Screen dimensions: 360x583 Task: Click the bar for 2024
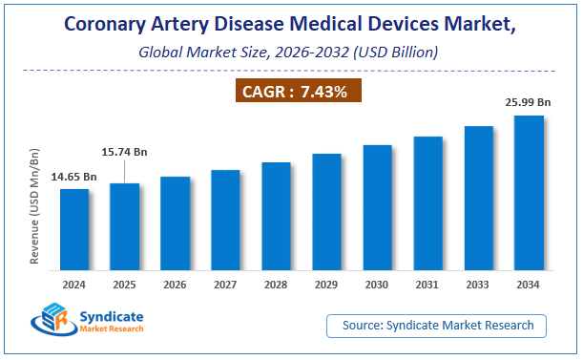click(74, 229)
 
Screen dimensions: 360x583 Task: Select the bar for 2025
click(125, 226)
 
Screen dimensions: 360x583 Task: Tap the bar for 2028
click(276, 216)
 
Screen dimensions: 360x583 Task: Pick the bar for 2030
click(377, 207)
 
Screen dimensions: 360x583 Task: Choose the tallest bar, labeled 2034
click(529, 192)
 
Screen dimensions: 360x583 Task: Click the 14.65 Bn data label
click(73, 177)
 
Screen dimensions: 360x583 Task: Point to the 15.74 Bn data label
click(125, 151)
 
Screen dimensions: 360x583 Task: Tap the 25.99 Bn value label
click(529, 101)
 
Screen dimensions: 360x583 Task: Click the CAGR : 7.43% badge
click(293, 92)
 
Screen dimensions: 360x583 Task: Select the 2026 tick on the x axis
click(176, 284)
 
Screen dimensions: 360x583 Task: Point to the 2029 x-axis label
click(326, 284)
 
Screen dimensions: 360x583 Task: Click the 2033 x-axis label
click(478, 284)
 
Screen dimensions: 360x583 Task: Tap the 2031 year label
click(427, 284)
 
